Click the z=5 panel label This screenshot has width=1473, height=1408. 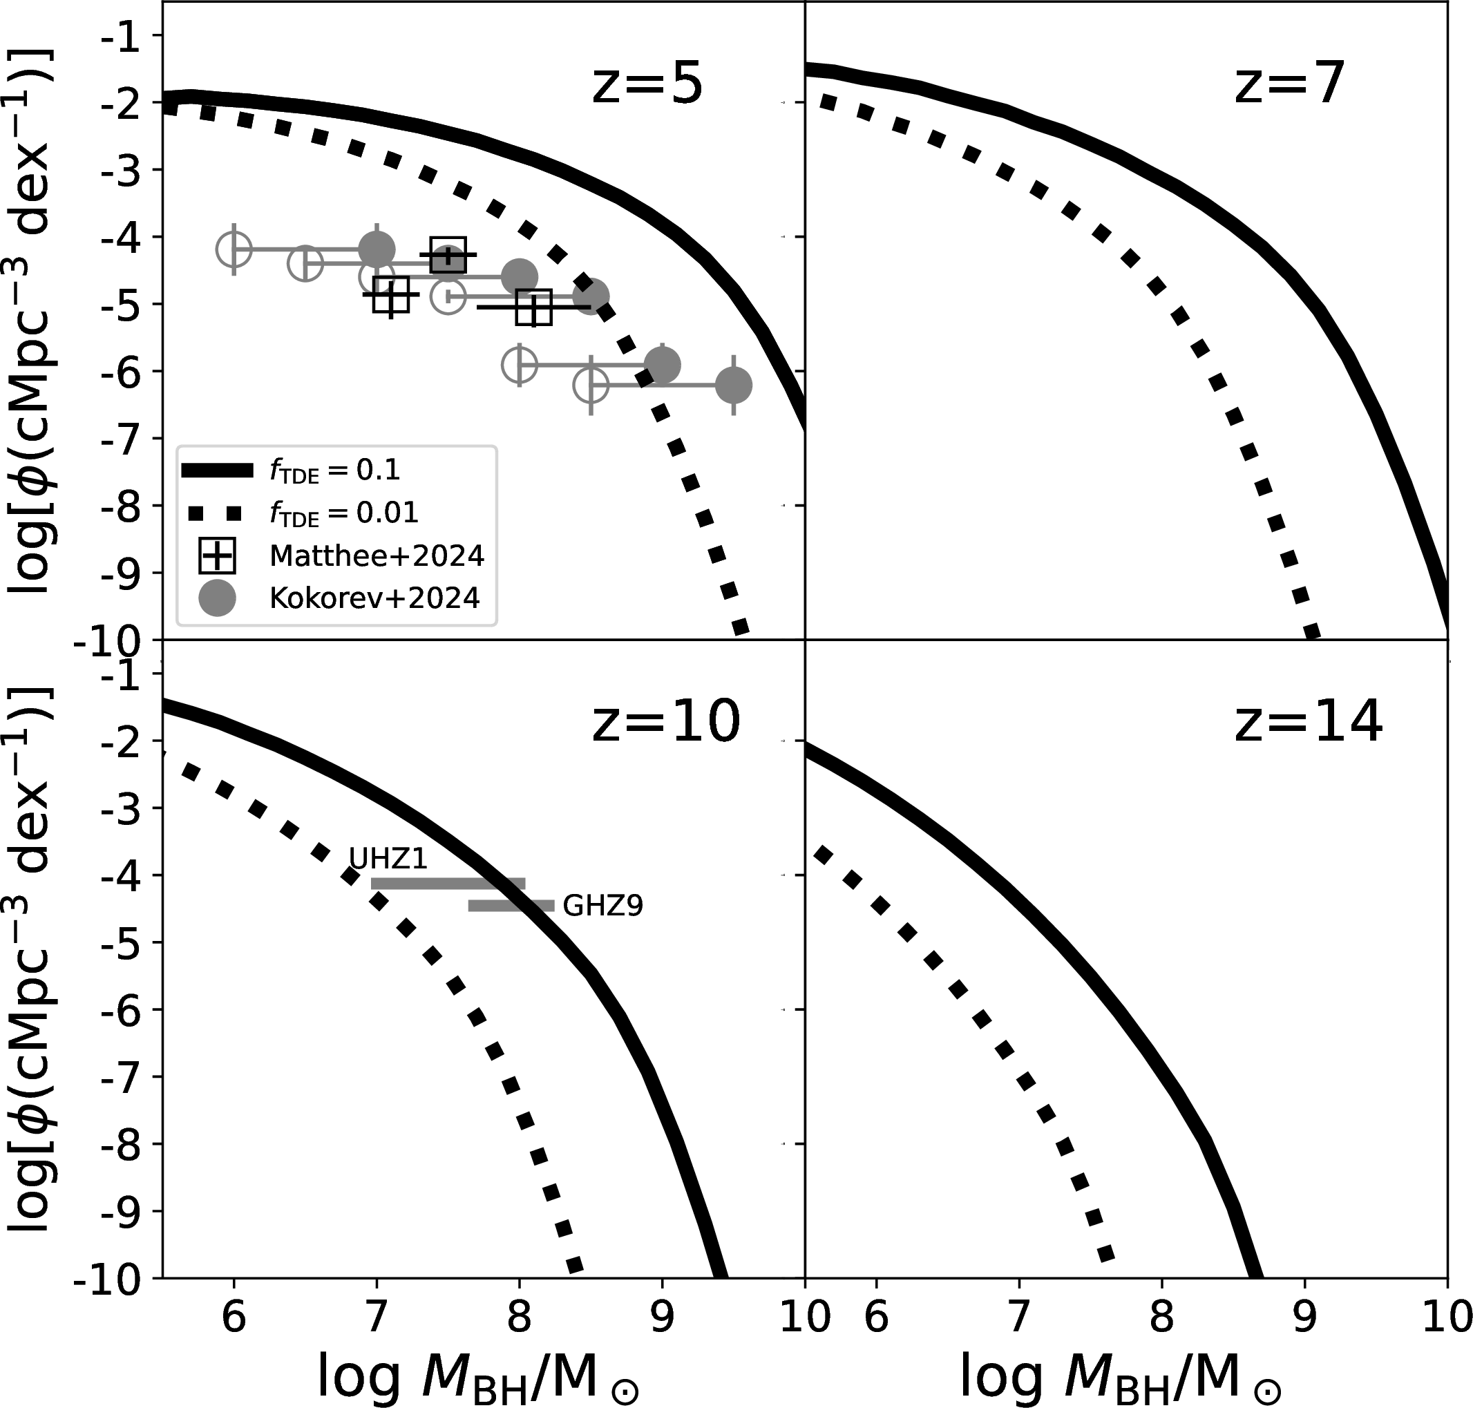click(x=647, y=84)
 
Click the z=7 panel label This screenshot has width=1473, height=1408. click(x=1289, y=84)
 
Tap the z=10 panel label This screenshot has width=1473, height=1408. click(x=665, y=722)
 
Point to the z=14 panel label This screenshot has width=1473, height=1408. click(x=1308, y=722)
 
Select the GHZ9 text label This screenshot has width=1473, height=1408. click(x=602, y=906)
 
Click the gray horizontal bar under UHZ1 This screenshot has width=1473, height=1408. click(x=448, y=884)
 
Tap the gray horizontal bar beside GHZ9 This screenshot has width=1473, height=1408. click(x=511, y=906)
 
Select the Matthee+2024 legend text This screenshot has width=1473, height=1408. click(x=377, y=555)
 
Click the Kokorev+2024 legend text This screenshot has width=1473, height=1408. click(x=374, y=598)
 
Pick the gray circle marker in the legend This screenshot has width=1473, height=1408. click(x=217, y=598)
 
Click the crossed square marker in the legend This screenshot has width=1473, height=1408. click(x=217, y=556)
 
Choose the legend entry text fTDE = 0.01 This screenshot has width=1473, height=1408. click(x=343, y=513)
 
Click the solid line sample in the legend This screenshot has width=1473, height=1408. click(x=217, y=470)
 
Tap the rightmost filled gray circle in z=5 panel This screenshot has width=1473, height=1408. click(x=733, y=386)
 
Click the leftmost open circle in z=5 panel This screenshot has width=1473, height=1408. click(x=234, y=249)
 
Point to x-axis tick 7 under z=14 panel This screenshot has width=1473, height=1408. click(x=1018, y=1318)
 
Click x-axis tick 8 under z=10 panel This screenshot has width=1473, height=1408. click(x=518, y=1318)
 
